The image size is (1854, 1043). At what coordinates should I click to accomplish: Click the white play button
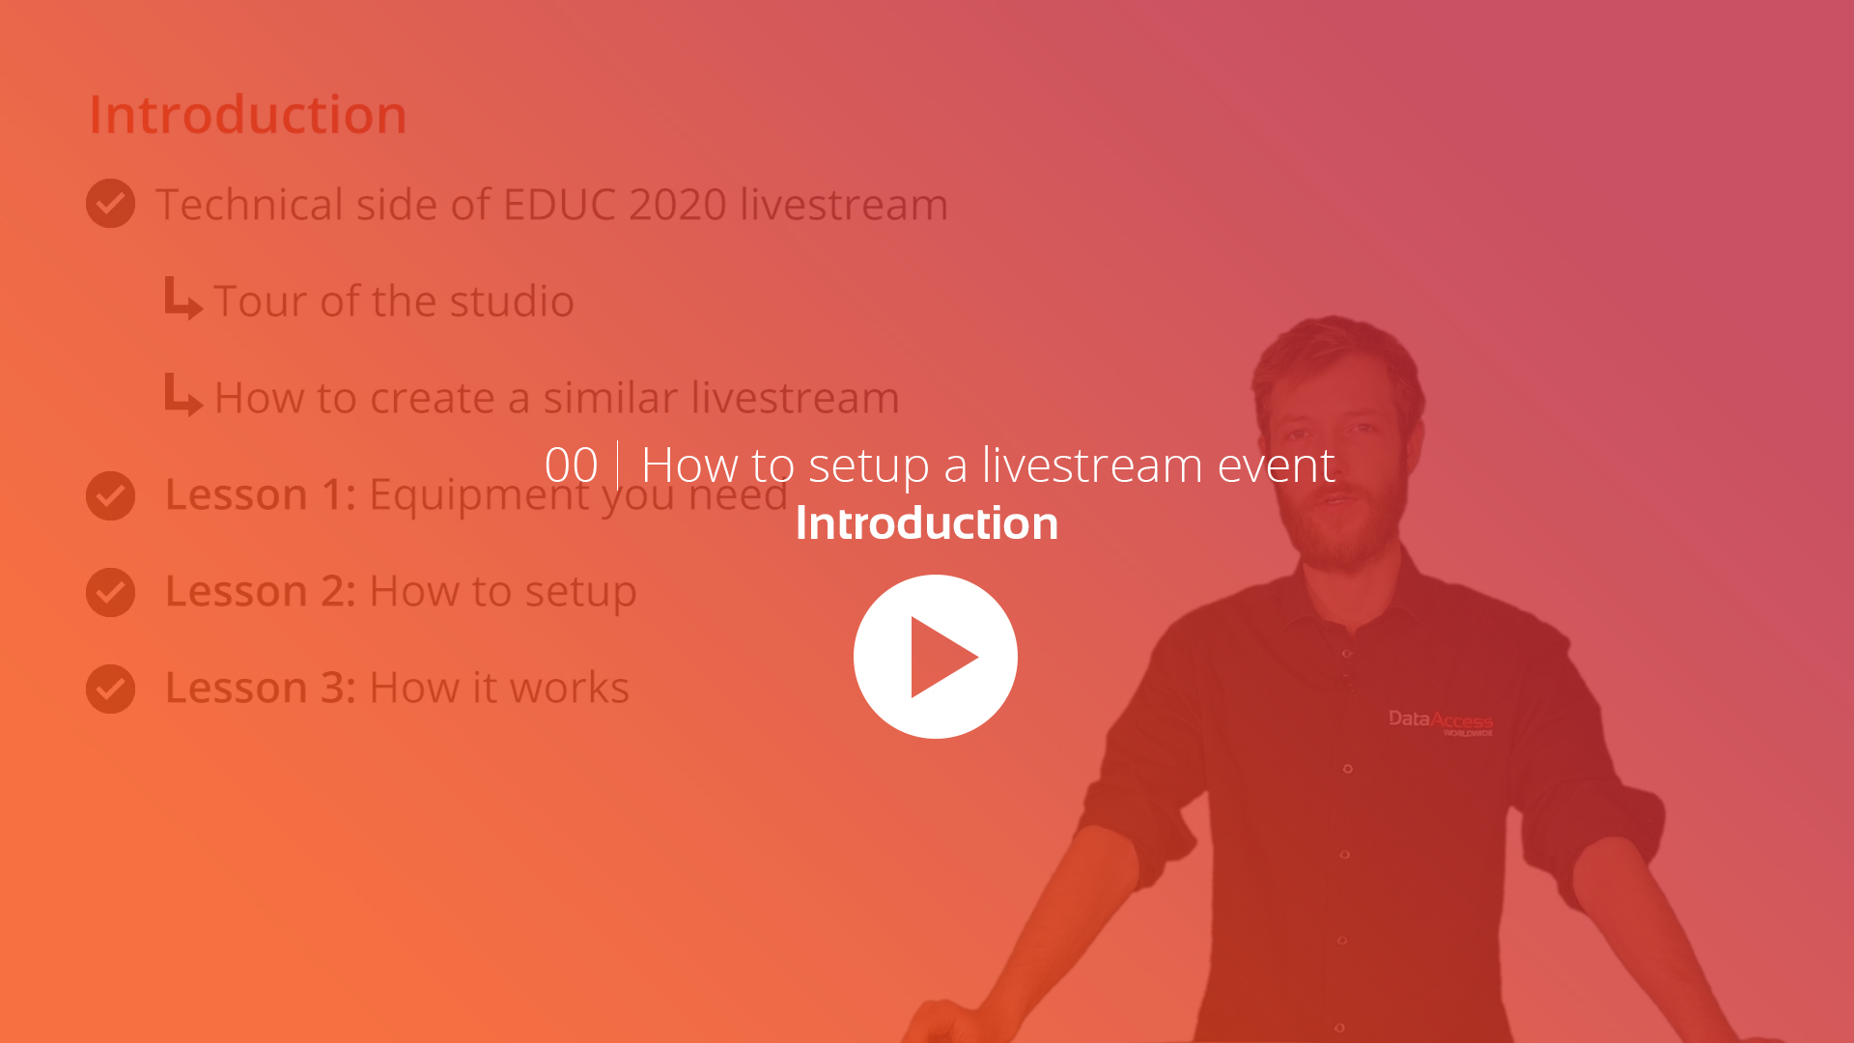coord(935,657)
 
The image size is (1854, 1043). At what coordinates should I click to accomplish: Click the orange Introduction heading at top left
coord(247,115)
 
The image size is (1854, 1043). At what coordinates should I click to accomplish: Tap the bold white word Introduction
coord(926,523)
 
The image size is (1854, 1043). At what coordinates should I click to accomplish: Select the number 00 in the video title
coord(571,465)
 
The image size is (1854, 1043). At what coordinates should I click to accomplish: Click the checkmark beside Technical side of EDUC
coord(110,203)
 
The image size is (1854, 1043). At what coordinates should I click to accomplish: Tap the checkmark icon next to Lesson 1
coord(110,495)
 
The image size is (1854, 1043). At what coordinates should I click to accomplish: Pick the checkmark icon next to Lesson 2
coord(110,592)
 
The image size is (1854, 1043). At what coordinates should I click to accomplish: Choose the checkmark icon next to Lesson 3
coord(110,689)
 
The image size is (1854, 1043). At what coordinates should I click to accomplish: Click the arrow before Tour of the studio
coord(183,298)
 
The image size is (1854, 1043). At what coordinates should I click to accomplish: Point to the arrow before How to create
coord(183,395)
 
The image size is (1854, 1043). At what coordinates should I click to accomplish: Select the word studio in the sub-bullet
coord(512,301)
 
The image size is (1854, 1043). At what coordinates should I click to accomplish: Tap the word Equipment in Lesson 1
coord(480,495)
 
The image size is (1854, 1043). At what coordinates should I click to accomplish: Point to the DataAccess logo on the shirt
coord(1440,721)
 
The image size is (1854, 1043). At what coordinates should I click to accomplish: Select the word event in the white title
coord(1276,465)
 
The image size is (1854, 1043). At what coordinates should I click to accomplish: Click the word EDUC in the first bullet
coord(559,205)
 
